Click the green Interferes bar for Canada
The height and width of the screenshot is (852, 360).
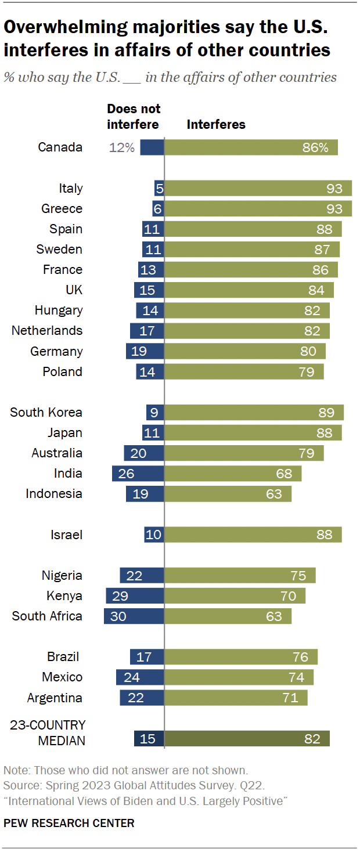click(251, 147)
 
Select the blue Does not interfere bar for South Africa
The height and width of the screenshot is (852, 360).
click(134, 616)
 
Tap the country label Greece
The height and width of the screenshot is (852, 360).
click(62, 208)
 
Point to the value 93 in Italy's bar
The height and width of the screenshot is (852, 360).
click(334, 188)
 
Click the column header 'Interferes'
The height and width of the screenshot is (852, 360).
click(216, 124)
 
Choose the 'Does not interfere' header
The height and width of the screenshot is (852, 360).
click(133, 117)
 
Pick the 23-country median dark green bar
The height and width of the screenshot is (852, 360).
click(247, 738)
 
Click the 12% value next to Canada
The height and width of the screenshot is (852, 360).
click(122, 147)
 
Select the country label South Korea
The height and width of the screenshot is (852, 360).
click(46, 413)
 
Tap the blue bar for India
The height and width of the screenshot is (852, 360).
click(138, 474)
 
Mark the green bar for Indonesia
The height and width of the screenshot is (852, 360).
click(228, 494)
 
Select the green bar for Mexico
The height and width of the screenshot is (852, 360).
click(239, 677)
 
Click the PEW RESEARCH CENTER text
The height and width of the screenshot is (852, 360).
click(69, 823)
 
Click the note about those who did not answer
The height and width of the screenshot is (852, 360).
click(126, 771)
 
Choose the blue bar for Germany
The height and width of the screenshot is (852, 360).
click(145, 351)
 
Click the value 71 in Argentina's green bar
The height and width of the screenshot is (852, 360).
click(290, 698)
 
